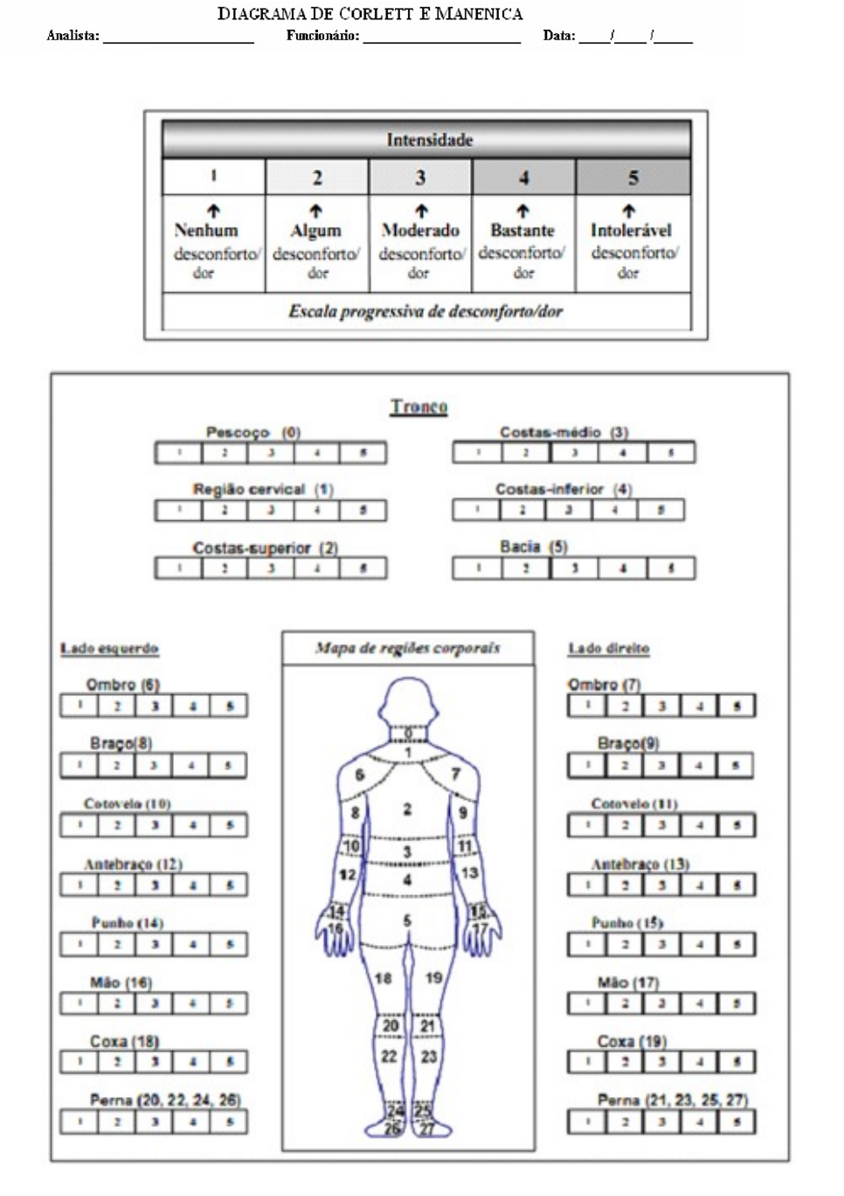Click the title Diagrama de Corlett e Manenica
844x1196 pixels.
[370, 14]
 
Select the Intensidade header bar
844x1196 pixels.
[426, 140]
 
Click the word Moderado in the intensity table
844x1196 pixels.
[420, 231]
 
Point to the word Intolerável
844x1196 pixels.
[631, 231]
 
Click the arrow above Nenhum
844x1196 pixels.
[213, 211]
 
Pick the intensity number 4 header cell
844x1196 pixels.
[523, 177]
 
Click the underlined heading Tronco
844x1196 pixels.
[419, 407]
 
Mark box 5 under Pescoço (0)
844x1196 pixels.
[363, 453]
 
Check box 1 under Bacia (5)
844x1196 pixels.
[477, 568]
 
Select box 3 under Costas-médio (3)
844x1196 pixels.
[574, 453]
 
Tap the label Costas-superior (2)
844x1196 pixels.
[265, 548]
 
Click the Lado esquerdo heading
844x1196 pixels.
[109, 649]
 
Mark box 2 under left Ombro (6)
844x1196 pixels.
[116, 706]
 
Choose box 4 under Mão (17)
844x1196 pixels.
[699, 1004]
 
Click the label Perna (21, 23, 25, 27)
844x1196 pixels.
[672, 1100]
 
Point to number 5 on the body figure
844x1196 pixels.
[407, 921]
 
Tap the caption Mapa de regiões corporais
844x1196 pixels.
[407, 648]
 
